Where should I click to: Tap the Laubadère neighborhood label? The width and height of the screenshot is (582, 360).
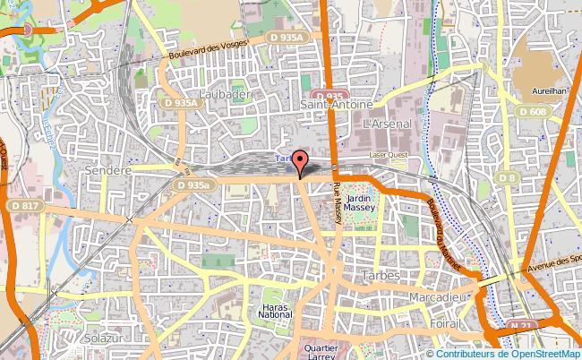[x=227, y=94]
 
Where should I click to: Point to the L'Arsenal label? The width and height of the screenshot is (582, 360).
[x=388, y=122]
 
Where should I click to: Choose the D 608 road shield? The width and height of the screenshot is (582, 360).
[x=532, y=110]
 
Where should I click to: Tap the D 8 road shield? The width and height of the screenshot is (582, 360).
[x=507, y=178]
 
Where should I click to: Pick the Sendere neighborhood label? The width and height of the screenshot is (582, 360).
[x=107, y=169]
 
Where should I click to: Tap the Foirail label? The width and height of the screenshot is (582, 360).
[x=443, y=323]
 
